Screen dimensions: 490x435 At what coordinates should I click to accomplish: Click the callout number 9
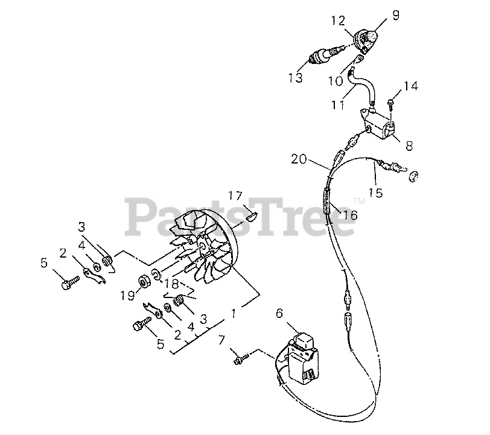point(396,15)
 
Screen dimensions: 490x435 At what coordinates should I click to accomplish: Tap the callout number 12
point(337,22)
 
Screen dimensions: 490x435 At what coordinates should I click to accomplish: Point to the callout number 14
point(410,87)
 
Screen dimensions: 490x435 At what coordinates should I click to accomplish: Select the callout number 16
point(349,214)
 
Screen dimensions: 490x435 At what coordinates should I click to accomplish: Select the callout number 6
point(279,313)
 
